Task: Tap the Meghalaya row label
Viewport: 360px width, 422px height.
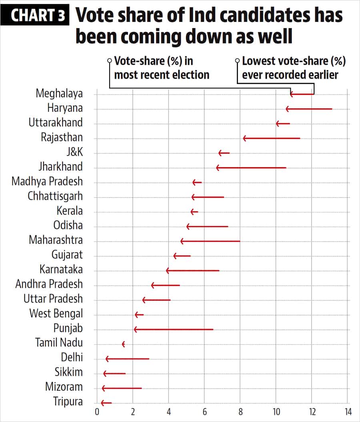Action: click(59, 94)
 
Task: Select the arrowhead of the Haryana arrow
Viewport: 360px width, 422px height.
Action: click(287, 109)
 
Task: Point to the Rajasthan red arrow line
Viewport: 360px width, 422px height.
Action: click(272, 138)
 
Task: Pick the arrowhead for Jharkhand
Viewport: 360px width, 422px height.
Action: click(218, 168)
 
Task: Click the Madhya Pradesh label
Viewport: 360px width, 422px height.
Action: click(47, 181)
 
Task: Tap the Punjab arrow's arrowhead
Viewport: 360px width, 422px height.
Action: click(136, 330)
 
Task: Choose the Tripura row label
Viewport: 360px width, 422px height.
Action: click(68, 402)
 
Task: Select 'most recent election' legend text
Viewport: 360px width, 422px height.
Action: click(162, 75)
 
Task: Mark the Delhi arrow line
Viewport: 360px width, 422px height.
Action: click(128, 359)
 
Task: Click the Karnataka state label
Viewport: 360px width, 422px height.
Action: click(61, 269)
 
